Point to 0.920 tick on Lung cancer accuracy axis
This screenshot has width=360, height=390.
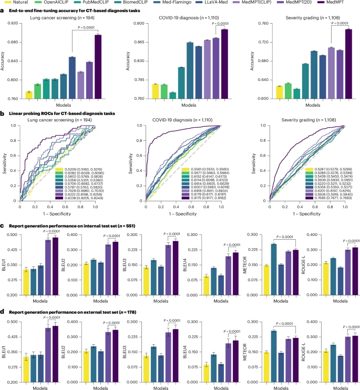[x=14, y=24]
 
